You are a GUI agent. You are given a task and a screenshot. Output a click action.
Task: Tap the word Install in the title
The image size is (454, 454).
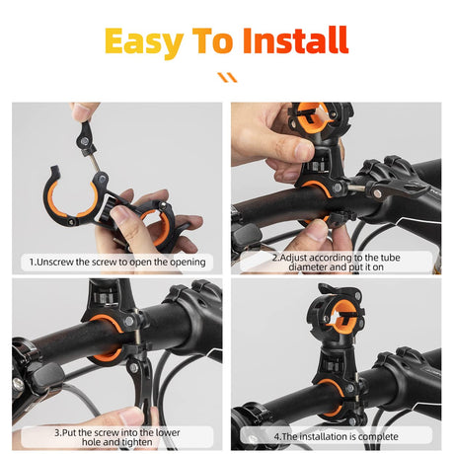point(295,40)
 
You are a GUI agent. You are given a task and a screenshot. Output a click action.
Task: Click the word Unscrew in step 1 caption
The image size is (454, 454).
point(60,262)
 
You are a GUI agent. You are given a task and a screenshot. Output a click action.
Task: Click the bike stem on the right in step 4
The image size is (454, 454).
point(400,376)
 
